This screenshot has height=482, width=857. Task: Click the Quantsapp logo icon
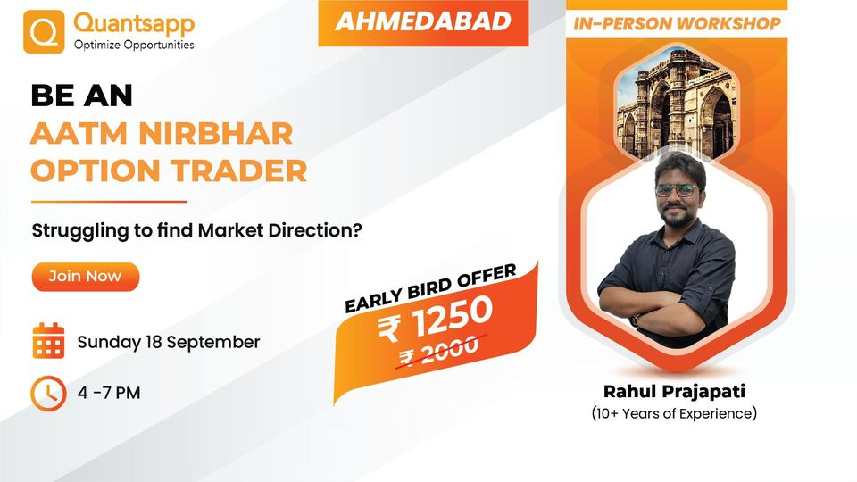pyautogui.click(x=43, y=32)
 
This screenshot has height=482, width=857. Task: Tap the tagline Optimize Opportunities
pyautogui.click(x=134, y=45)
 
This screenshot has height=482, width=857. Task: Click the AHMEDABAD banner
pyautogui.click(x=423, y=22)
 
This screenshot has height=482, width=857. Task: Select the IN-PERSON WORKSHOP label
pyautogui.click(x=677, y=24)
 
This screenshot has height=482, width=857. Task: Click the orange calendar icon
pyautogui.click(x=48, y=341)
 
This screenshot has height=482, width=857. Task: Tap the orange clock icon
pyautogui.click(x=48, y=393)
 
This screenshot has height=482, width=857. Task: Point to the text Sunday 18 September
pyautogui.click(x=169, y=342)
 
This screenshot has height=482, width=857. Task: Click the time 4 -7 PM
pyautogui.click(x=109, y=393)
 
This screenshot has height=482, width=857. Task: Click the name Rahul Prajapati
pyautogui.click(x=673, y=391)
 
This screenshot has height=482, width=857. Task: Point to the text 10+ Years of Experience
pyautogui.click(x=674, y=413)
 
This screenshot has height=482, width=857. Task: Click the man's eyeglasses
pyautogui.click(x=676, y=190)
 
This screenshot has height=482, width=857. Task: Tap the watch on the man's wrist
pyautogui.click(x=635, y=318)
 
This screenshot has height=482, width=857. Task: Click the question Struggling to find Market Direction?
pyautogui.click(x=196, y=230)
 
